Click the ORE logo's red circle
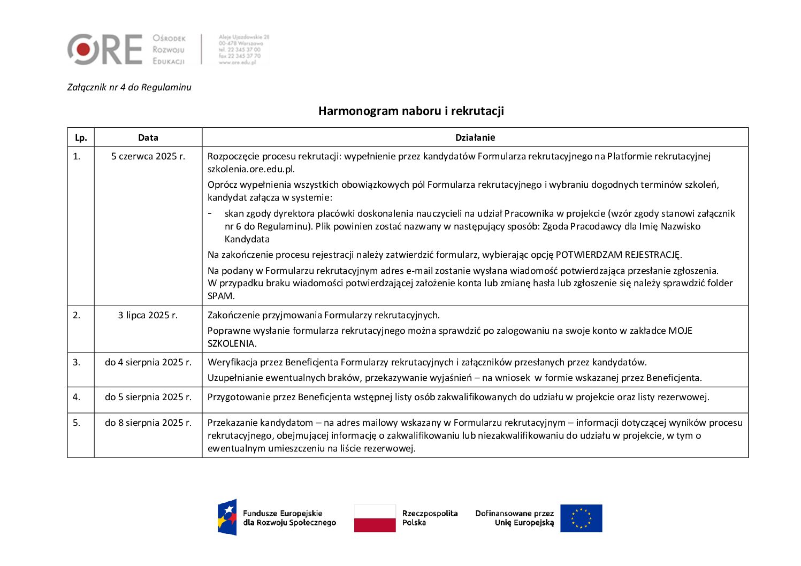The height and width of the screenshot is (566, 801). [83, 49]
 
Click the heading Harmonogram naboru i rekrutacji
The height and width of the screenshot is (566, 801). [411, 111]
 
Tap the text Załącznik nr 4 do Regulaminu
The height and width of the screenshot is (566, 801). [129, 87]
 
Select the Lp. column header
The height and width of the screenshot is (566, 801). [81, 137]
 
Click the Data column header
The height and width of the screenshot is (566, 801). [148, 137]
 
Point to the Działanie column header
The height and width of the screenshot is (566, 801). [475, 137]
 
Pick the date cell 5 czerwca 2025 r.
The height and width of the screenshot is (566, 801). [148, 156]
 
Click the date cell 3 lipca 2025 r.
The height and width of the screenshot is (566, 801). [148, 315]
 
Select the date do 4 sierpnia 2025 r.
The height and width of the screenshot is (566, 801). [148, 362]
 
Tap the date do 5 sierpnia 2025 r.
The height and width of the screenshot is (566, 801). [148, 397]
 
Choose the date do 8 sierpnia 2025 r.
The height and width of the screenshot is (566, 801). [148, 423]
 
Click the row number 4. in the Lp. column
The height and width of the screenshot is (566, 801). [77, 397]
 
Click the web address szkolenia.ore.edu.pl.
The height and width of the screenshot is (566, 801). [251, 169]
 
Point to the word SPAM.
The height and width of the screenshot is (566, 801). [221, 296]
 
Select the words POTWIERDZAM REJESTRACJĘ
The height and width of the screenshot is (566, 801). [619, 255]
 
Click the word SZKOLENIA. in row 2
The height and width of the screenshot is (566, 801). [232, 343]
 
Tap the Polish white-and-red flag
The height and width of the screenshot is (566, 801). [375, 518]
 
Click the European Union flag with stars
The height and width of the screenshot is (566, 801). [581, 518]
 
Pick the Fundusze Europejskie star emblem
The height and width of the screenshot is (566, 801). [227, 517]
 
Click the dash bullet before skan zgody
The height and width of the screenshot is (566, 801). [210, 213]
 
